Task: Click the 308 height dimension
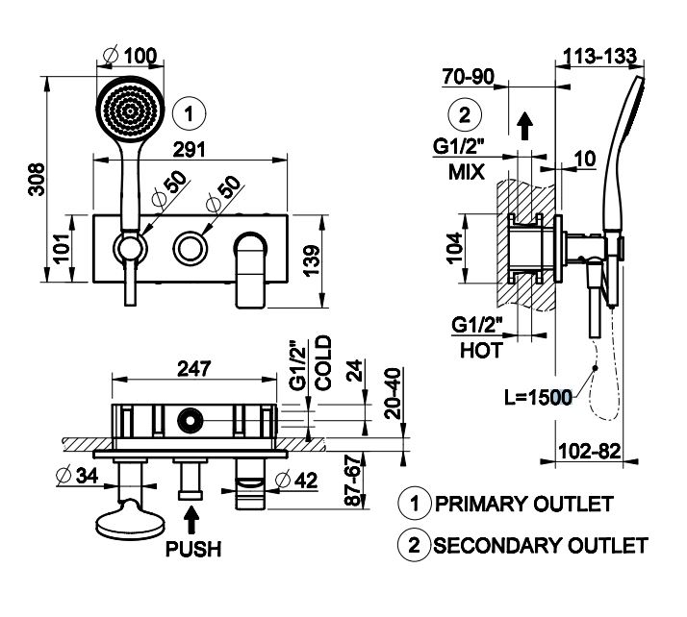coord(35,190)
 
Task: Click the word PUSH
coord(192,550)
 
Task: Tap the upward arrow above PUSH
coord(192,521)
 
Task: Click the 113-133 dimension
coord(599,57)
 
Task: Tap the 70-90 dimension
coord(470,78)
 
